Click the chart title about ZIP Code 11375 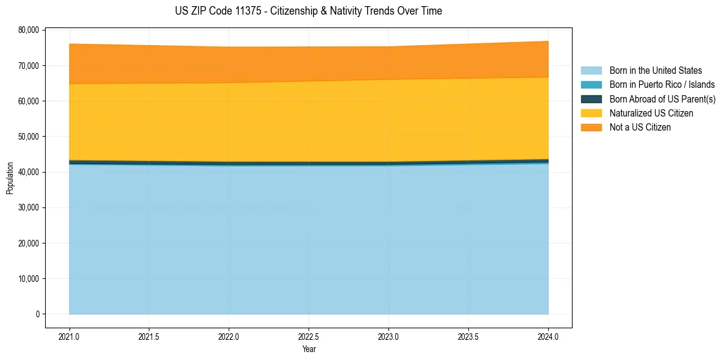308,11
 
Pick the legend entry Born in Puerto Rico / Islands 662,85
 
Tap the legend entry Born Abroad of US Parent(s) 662,99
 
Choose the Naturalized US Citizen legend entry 651,113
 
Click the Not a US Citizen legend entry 640,128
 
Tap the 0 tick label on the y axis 37,314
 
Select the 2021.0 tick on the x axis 70,336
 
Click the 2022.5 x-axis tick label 309,336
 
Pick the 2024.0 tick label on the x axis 548,336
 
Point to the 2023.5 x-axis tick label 468,336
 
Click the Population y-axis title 10,178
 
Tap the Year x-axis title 309,349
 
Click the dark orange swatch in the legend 591,128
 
